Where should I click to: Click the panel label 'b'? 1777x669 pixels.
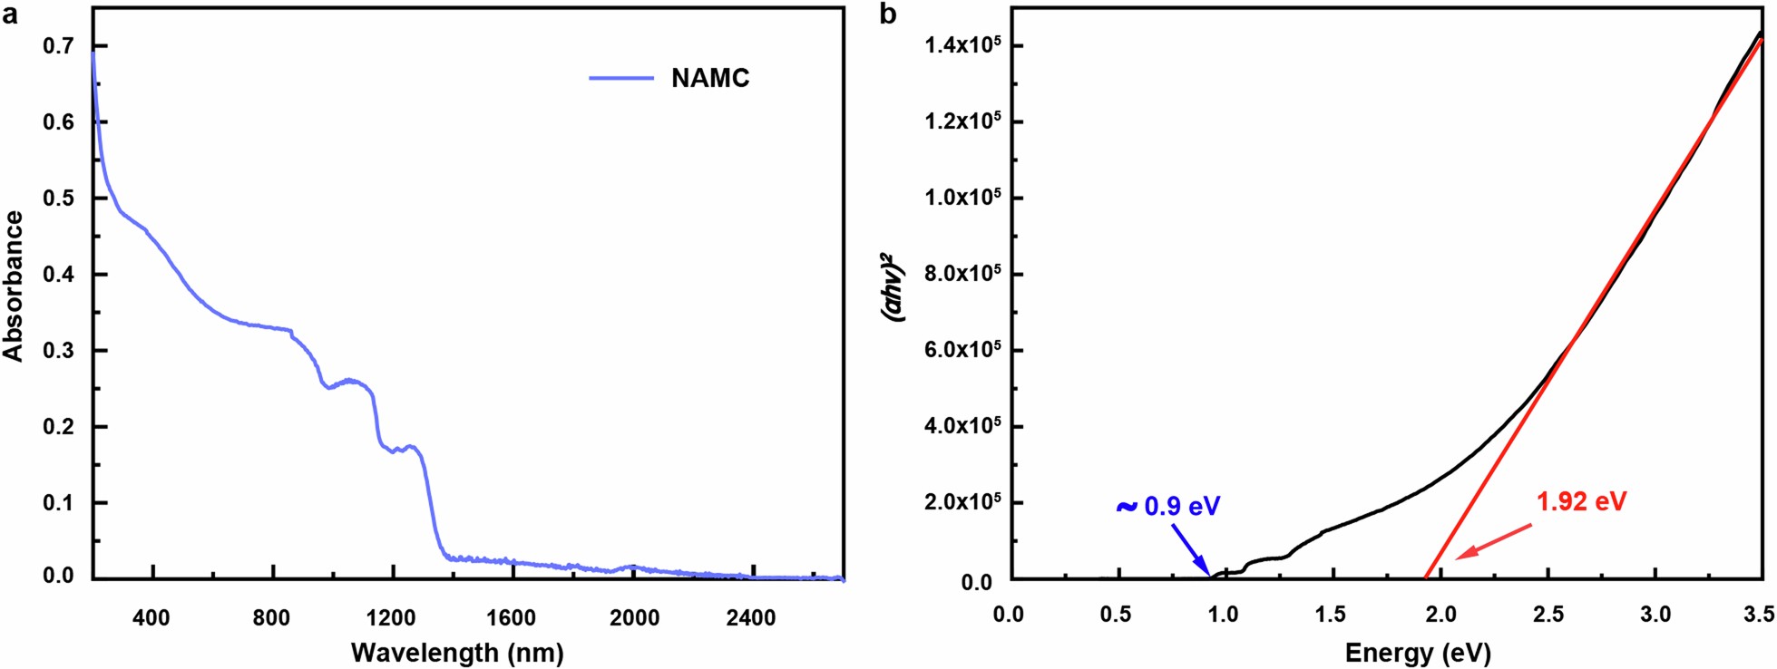(888, 15)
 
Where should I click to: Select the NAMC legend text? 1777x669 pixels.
(710, 79)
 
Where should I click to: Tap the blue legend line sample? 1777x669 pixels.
(621, 79)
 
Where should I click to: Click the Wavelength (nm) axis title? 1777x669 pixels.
(457, 652)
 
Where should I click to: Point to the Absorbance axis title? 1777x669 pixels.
(14, 287)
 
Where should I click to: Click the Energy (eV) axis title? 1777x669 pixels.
(1418, 652)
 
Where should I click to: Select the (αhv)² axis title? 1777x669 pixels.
(894, 287)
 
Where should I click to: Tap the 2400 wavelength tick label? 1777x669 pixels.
(750, 618)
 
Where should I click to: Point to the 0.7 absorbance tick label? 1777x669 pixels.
(58, 46)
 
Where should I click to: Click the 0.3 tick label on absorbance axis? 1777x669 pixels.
(58, 351)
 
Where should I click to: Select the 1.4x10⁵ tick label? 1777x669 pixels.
(962, 44)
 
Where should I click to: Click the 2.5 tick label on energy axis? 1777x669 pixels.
(1548, 615)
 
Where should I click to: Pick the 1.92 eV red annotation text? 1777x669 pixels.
(1581, 501)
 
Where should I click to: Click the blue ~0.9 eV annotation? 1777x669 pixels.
(1168, 506)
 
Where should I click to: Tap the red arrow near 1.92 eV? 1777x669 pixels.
(1494, 540)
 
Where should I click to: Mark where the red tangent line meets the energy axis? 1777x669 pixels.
(1425, 577)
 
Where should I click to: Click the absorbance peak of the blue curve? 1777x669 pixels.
(93, 53)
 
